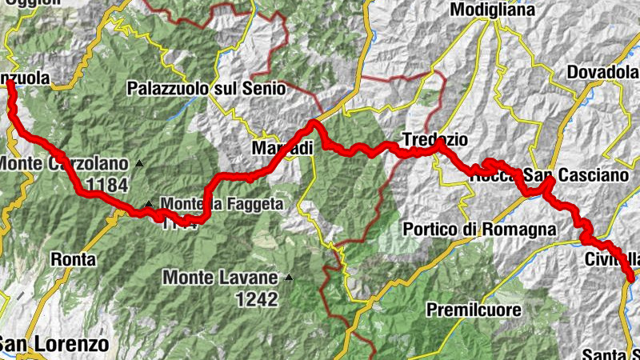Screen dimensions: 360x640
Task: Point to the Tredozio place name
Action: pyautogui.click(x=436, y=138)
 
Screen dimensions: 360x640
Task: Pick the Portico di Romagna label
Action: pyautogui.click(x=479, y=230)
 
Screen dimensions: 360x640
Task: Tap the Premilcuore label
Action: pyautogui.click(x=474, y=309)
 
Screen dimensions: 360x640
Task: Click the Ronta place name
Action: pyautogui.click(x=73, y=259)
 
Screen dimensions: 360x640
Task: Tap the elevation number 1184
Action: pyautogui.click(x=107, y=186)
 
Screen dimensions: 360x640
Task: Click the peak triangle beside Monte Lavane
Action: pyautogui.click(x=289, y=278)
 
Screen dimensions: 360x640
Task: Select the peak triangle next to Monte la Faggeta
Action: pyautogui.click(x=149, y=203)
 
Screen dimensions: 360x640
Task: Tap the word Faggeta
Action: pyautogui.click(x=254, y=205)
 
